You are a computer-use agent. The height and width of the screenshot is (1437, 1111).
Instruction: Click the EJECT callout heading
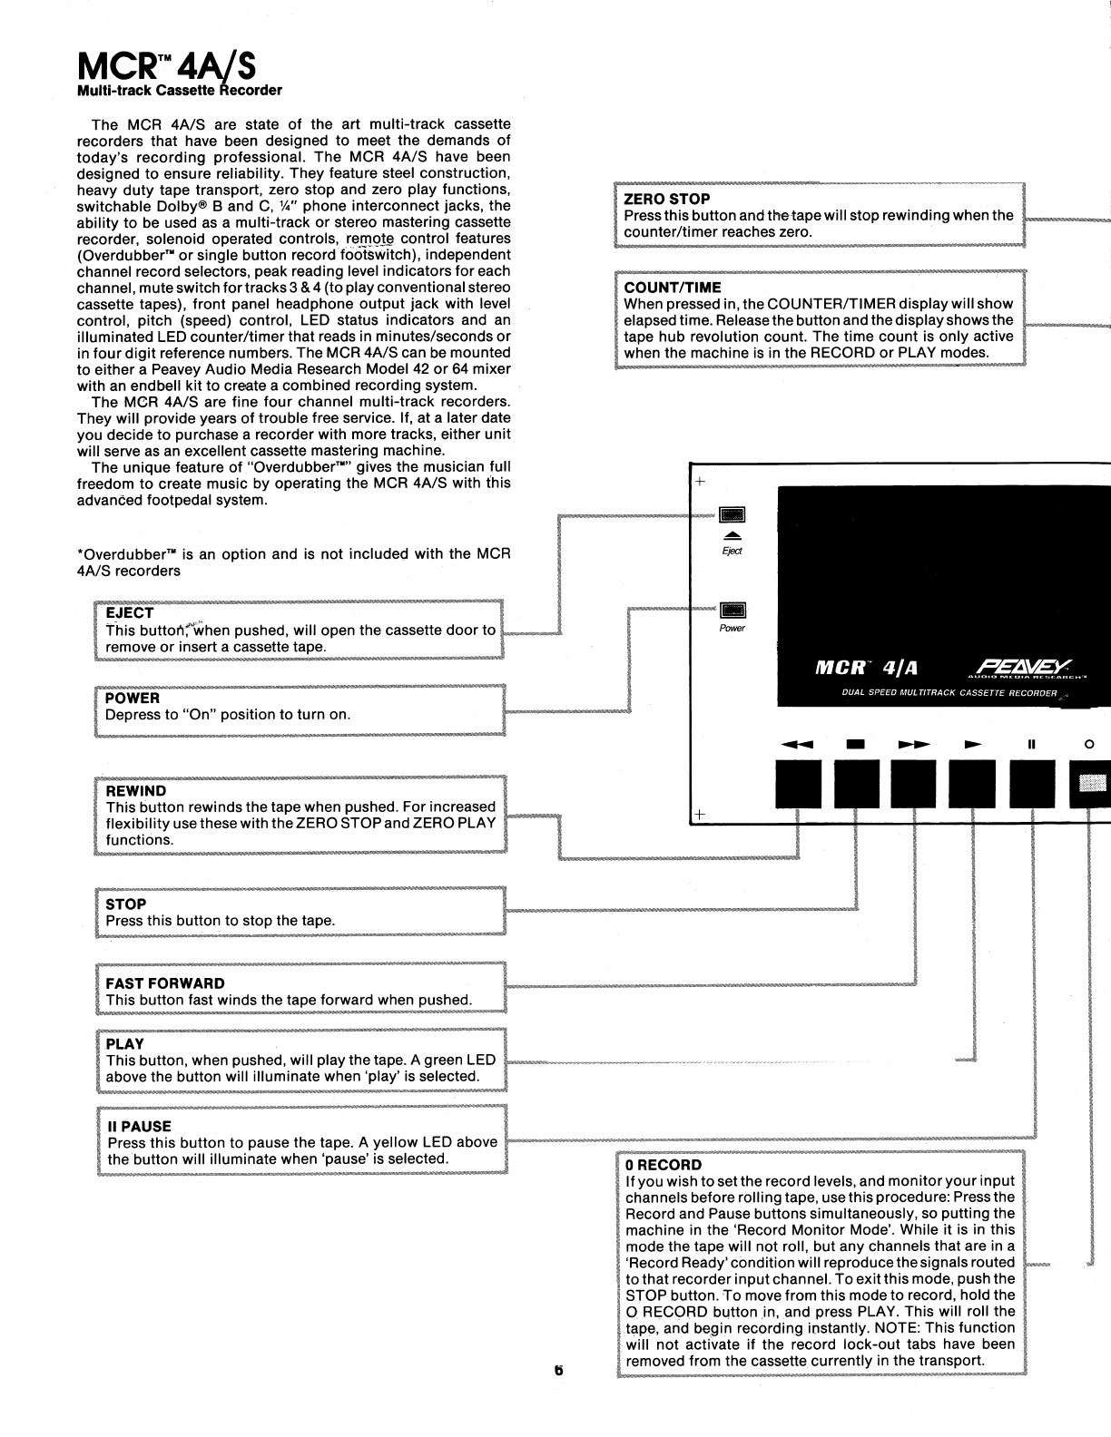tap(130, 613)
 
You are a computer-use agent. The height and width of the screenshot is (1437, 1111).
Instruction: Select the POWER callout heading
tap(133, 699)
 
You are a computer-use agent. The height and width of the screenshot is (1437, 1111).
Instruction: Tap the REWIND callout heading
tap(136, 791)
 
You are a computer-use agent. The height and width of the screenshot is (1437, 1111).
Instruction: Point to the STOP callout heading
tap(126, 904)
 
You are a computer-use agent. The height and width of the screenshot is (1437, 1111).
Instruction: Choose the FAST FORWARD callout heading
tap(165, 983)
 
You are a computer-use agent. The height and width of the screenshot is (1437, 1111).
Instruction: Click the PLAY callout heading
tap(125, 1044)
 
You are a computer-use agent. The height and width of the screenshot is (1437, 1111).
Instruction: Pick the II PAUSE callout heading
tap(139, 1127)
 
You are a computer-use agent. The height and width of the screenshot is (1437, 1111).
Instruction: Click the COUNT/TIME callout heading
tap(673, 288)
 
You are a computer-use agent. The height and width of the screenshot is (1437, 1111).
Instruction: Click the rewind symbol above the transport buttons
tap(799, 745)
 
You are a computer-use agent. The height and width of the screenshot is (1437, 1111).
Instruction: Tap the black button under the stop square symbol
tap(856, 784)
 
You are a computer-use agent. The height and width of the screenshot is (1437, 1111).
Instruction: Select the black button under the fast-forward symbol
tap(914, 784)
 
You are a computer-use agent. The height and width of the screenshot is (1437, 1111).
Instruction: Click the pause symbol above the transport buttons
tap(1031, 745)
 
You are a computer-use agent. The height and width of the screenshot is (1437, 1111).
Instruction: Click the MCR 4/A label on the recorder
tap(866, 669)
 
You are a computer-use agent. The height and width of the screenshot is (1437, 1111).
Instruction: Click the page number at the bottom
tap(559, 1370)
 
